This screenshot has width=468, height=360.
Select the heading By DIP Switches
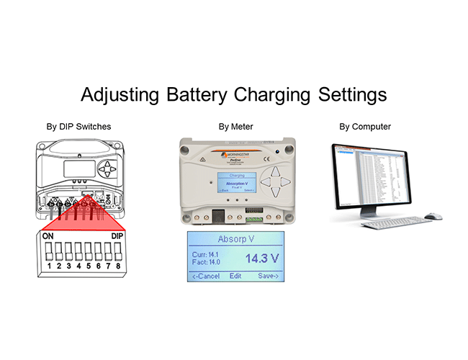point(78,127)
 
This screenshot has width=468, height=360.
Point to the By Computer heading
point(365,127)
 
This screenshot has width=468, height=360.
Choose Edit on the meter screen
point(235,276)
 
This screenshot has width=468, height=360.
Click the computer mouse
point(432,216)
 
